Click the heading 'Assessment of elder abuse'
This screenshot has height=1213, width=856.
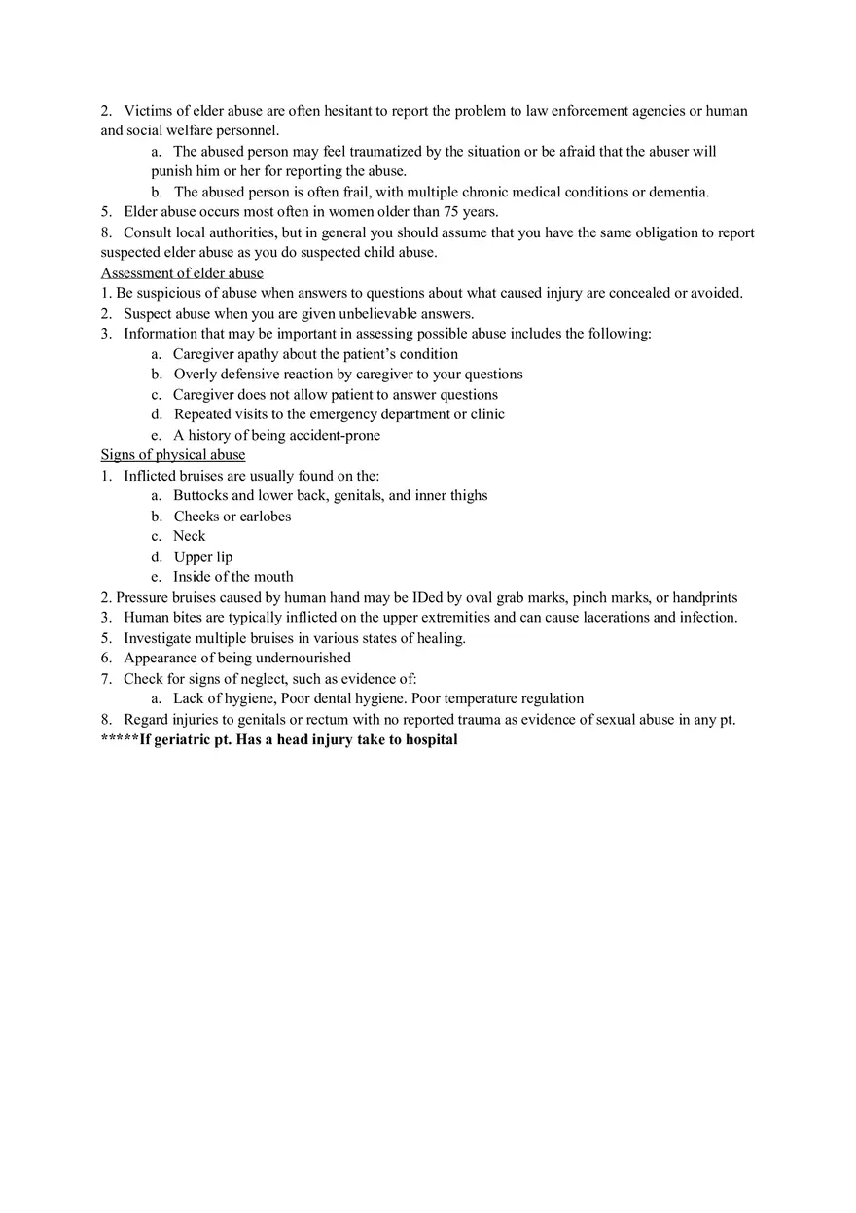182,273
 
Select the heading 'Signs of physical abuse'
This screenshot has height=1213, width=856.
173,455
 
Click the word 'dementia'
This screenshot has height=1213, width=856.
678,192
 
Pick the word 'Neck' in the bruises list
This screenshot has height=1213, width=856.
190,536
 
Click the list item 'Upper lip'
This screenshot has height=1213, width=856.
203,557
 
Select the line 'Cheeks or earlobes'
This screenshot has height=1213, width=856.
232,517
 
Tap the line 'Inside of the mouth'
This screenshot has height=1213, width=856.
233,577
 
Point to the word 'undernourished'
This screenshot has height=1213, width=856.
303,659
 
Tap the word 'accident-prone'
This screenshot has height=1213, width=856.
333,436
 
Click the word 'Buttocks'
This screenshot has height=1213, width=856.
200,496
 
